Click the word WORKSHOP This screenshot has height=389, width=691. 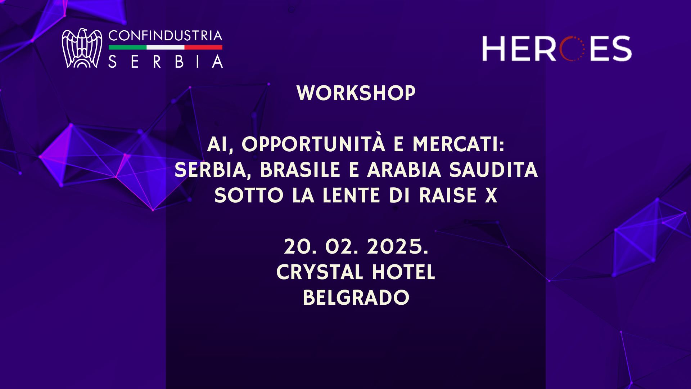(356, 93)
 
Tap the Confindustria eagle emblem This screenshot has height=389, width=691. (81, 48)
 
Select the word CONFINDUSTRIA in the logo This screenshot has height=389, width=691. (165, 36)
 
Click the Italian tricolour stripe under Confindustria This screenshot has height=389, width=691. (165, 47)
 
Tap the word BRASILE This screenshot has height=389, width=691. (300, 170)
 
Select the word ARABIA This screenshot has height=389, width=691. (404, 170)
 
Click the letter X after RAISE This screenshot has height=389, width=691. (491, 196)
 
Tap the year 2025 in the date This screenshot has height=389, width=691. (397, 247)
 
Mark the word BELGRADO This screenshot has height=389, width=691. (356, 298)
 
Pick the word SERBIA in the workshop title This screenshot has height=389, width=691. (210, 170)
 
